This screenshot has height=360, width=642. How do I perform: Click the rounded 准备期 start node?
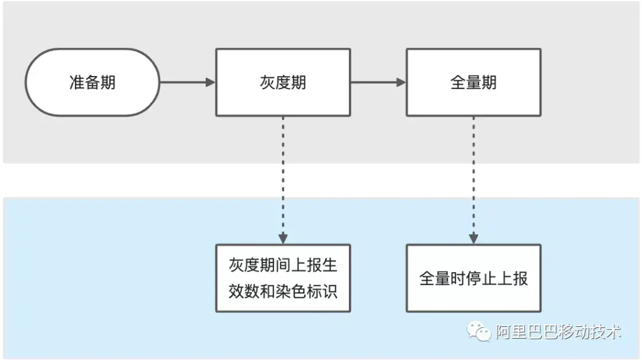pyautogui.click(x=92, y=82)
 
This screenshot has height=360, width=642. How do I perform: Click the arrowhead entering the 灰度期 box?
pyautogui.click(x=210, y=82)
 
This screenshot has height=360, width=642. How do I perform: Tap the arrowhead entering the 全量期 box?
pyautogui.click(x=401, y=82)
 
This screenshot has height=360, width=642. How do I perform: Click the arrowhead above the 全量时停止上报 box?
pyautogui.click(x=474, y=239)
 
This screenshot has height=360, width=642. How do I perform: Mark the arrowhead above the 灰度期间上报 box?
pyautogui.click(x=283, y=239)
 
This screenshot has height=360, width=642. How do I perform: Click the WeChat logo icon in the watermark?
pyautogui.click(x=479, y=331)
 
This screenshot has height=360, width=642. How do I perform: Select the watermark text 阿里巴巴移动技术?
pyautogui.click(x=558, y=331)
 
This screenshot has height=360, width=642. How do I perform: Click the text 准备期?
pyautogui.click(x=92, y=82)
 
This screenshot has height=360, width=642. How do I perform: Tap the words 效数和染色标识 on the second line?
pyautogui.click(x=283, y=292)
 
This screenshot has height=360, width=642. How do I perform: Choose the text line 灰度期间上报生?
pyautogui.click(x=283, y=265)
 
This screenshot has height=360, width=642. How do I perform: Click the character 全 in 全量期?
pyautogui.click(x=458, y=83)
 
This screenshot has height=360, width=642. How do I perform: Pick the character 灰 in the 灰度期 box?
pyautogui.click(x=267, y=83)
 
